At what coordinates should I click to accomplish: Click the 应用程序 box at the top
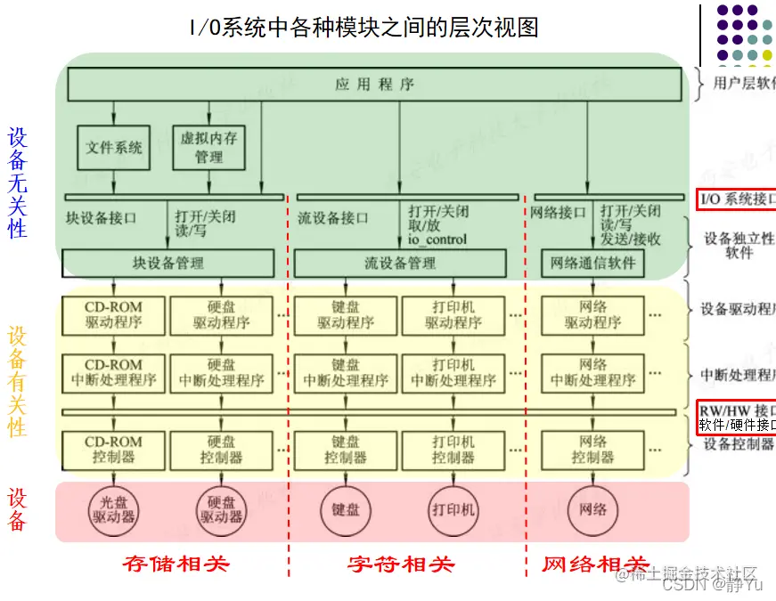pos(374,85)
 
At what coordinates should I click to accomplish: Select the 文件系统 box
pos(113,147)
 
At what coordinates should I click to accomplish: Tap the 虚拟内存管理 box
pos(208,148)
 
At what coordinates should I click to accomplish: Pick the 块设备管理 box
pos(167,263)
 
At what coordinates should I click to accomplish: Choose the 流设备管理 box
pos(400,263)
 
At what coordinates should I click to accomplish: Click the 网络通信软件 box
pos(592,263)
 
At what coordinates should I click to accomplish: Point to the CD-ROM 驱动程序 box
pos(113,314)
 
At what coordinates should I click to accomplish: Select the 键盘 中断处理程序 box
pos(346,372)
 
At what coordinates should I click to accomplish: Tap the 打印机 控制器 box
pos(453,450)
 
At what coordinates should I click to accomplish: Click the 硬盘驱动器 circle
pos(221,509)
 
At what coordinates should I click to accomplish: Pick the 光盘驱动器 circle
pos(113,509)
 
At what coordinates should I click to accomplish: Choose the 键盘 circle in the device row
pos(346,509)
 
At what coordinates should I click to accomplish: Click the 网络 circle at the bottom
pos(592,509)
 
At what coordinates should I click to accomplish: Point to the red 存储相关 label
pos(176,564)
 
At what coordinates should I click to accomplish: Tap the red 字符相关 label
pos(401,564)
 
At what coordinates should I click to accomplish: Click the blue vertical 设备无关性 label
pos(18,183)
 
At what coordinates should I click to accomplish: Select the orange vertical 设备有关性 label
pos(18,381)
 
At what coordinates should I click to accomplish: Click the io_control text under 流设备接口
pos(437,240)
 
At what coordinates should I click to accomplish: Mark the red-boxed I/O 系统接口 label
pos(736,199)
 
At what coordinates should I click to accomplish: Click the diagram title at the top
pos(363,28)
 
